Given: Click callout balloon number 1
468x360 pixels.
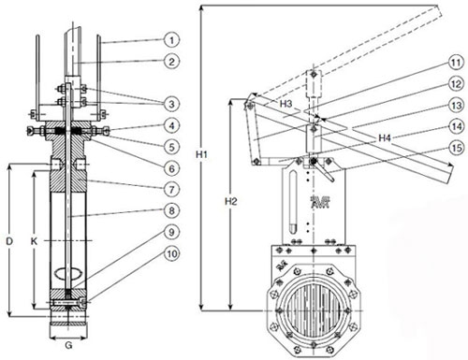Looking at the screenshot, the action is coord(171,40).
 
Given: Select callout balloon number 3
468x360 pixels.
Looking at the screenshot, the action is coord(171,104).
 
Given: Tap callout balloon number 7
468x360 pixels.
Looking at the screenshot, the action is coord(171,189).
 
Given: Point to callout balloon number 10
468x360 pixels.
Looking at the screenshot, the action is coord(172,253).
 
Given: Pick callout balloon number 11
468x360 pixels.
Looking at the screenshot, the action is coord(456,63).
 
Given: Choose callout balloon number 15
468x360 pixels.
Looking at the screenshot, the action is coord(456,148).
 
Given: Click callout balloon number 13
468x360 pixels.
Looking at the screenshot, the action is coord(456,105).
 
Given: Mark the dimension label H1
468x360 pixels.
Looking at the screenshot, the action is coord(201,154).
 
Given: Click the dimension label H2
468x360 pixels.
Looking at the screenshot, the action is coord(231,202).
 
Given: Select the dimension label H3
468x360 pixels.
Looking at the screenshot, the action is coord(285,104).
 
